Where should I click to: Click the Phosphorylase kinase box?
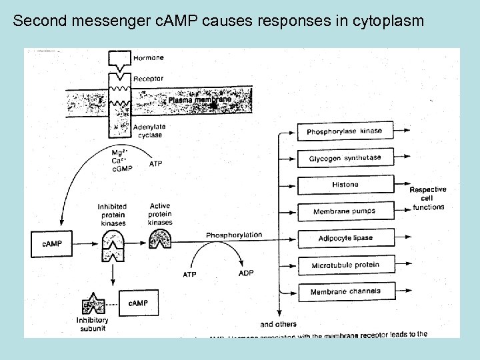345,131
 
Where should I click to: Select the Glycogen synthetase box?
345,158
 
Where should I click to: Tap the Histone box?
345,185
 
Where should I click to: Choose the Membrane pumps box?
345,211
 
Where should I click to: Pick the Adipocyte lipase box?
345,238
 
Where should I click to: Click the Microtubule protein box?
345,265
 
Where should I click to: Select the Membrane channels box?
345,291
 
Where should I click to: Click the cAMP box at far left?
52,244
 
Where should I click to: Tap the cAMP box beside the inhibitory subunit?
139,303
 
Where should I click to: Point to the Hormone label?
148,58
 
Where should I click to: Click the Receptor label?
148,78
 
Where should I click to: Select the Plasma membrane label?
199,100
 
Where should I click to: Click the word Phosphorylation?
233,235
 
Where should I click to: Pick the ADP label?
246,274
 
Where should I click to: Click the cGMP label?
122,169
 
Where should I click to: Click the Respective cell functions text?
427,199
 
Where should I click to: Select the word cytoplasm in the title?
389,21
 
